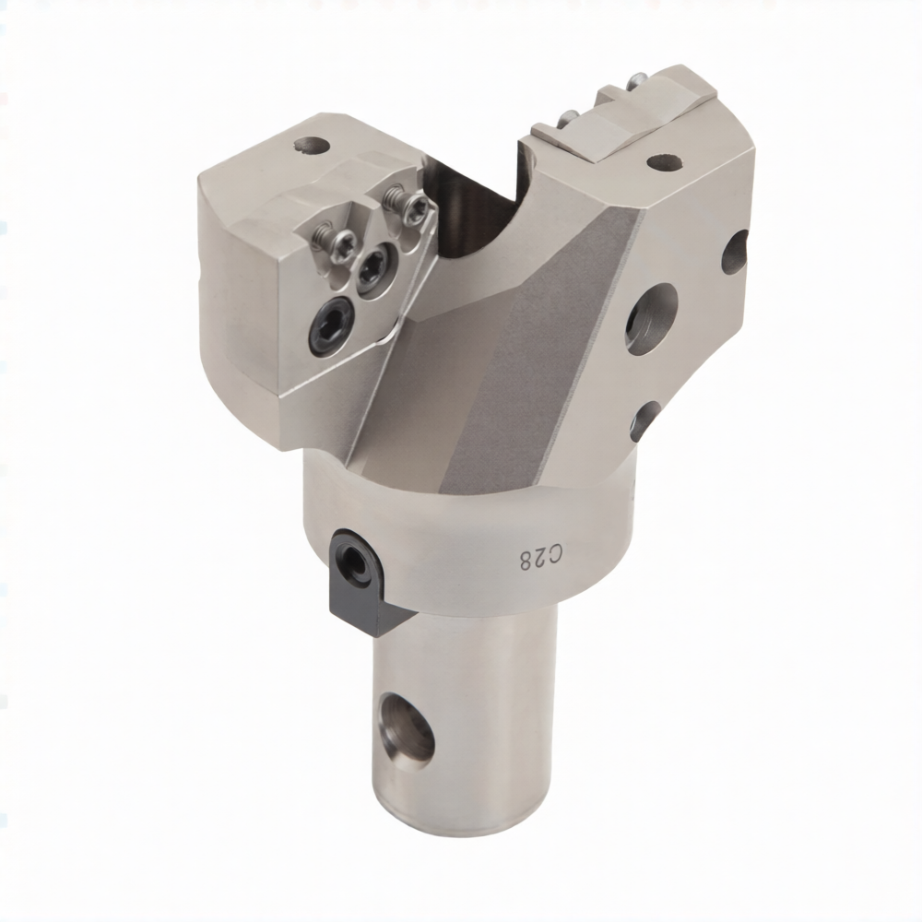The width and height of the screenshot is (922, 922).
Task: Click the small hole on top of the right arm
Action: point(665,161)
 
